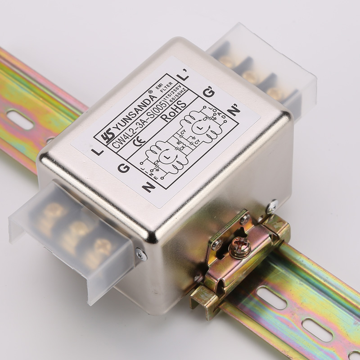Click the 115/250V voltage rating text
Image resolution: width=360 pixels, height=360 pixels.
(177, 94)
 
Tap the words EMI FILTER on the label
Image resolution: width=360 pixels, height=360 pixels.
(161, 86)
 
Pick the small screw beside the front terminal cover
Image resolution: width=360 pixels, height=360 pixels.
(141, 255)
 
